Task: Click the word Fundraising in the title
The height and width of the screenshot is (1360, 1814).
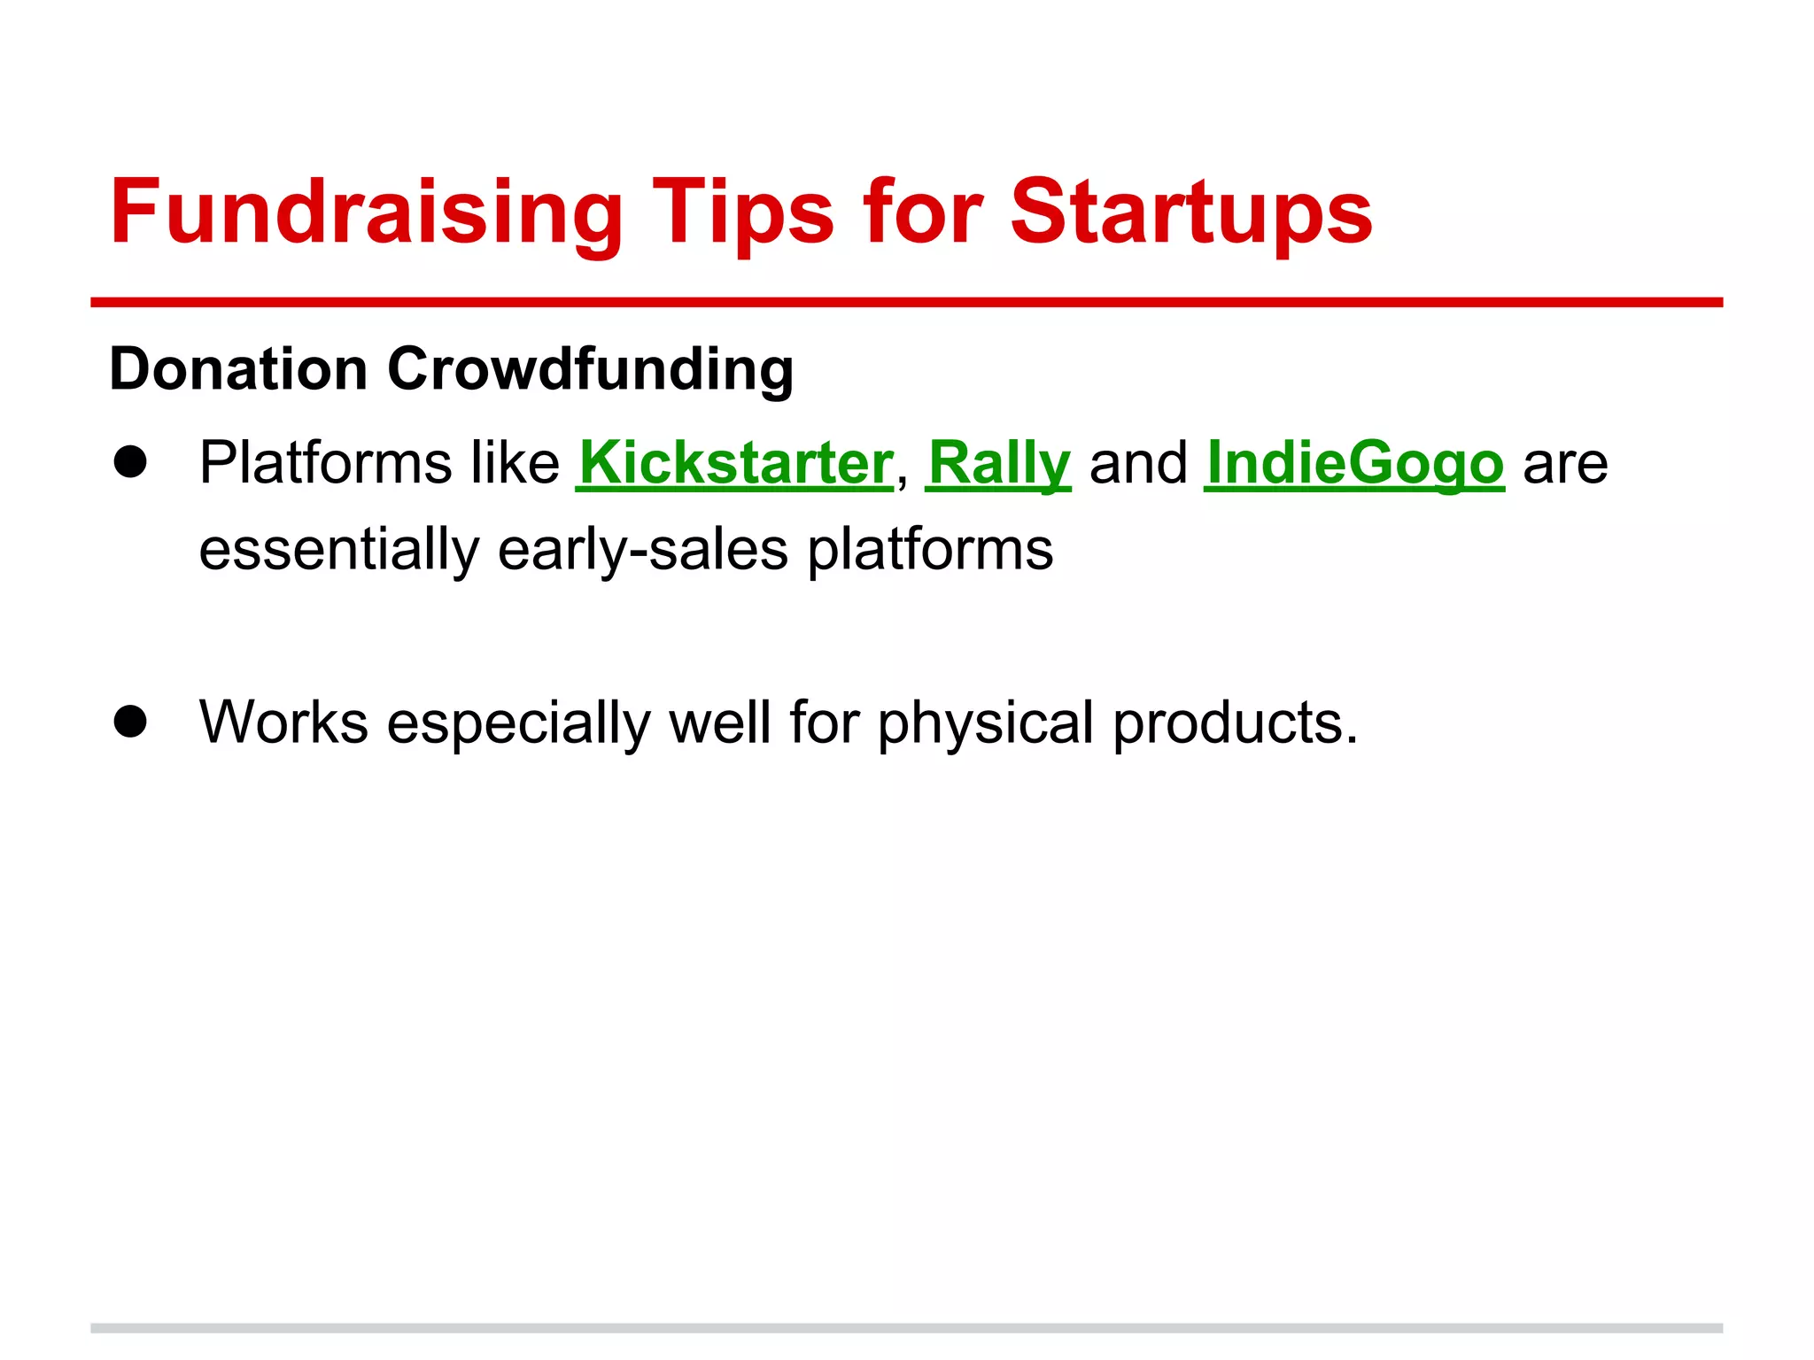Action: click(367, 212)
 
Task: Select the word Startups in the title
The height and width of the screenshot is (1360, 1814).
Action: click(1191, 212)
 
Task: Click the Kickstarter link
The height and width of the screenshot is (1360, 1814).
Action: click(734, 463)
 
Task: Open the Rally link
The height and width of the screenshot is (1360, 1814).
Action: click(998, 463)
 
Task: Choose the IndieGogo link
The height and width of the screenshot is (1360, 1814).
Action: click(1354, 463)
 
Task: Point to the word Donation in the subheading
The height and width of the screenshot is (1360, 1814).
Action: click(238, 368)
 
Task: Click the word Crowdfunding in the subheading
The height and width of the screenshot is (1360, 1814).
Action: click(590, 368)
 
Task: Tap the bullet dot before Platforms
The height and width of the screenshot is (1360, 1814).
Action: click(130, 461)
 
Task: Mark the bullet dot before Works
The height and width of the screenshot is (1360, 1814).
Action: click(130, 722)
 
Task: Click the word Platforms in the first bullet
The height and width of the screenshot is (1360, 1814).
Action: click(324, 463)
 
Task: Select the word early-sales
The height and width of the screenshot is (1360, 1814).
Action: click(642, 550)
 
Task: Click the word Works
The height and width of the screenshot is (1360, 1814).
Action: click(283, 722)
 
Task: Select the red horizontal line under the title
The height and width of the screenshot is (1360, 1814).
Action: click(906, 303)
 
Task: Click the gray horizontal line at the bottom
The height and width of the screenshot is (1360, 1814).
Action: click(906, 1328)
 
